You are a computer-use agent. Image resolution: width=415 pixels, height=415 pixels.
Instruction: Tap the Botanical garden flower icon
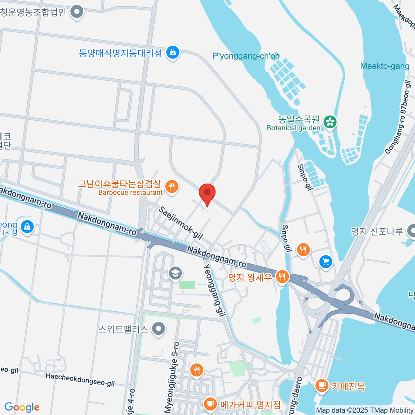330,122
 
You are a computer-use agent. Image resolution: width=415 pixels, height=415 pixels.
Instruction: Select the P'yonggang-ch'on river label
246,56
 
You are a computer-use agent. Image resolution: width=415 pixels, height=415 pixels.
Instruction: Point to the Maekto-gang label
385,66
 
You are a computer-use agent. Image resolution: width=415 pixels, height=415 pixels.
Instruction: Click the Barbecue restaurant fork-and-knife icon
172,187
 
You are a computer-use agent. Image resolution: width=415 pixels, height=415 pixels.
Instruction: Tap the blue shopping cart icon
325,261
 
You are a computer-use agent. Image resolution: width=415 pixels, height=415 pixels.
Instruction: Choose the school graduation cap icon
175,273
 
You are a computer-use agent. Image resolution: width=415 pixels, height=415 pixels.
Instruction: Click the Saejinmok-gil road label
181,223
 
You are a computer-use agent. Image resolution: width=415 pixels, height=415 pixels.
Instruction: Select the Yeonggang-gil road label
214,290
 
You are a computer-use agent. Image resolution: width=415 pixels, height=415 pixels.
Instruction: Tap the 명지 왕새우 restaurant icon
283,277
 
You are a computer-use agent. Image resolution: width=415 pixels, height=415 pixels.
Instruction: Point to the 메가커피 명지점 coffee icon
210,403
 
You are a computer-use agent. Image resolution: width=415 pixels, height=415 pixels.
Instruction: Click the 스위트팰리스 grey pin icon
159,329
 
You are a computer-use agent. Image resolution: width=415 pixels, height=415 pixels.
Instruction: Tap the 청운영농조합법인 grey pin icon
77,12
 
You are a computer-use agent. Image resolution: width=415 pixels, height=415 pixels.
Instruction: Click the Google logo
22,407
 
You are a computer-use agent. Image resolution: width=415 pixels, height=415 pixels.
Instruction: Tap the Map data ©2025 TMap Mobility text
365,410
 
